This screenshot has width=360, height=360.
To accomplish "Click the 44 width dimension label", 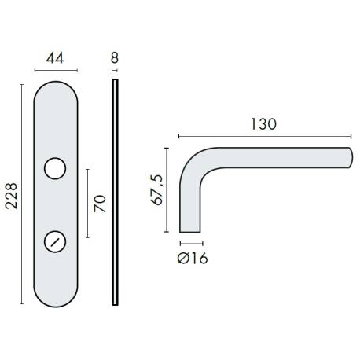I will point(54,57).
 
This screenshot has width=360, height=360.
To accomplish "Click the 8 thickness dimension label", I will point(115,57).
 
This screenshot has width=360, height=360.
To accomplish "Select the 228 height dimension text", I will point(11,193).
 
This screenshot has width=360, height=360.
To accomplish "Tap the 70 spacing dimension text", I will point(100,204).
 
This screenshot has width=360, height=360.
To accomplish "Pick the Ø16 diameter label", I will point(193,258).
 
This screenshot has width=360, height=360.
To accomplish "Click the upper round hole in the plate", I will point(54,168).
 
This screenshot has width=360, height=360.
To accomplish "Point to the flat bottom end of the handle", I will point(192,232).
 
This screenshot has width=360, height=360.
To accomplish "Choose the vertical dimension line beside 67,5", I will point(167,189).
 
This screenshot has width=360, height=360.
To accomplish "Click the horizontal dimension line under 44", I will point(54,69).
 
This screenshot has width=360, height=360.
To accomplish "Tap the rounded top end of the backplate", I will point(54,83).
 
